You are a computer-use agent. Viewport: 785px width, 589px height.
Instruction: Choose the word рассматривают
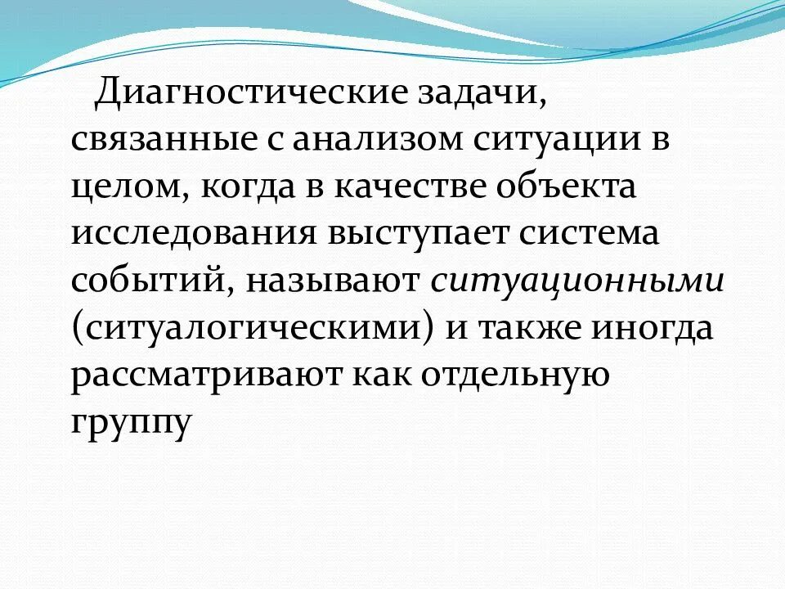click(204, 376)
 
